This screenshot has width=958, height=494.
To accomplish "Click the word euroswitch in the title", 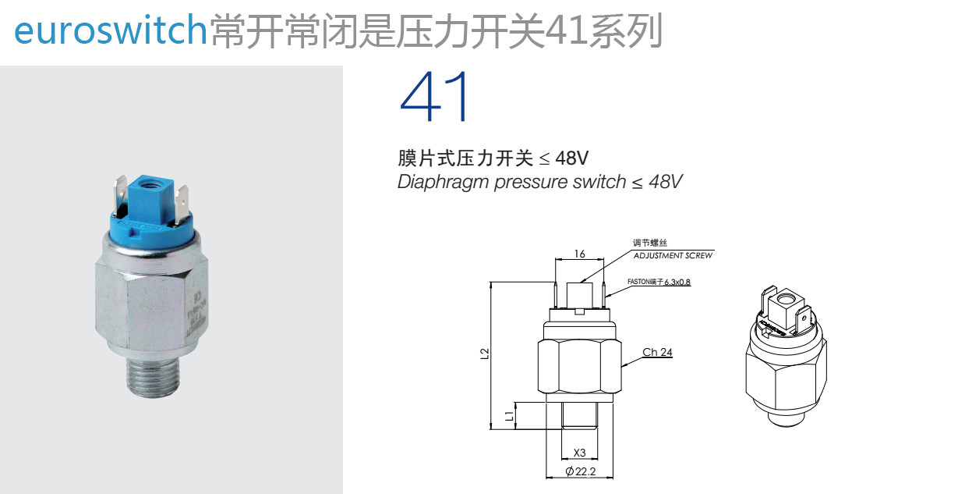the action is pos(109,31).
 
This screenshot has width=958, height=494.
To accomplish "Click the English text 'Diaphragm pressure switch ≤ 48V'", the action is pos(539,182).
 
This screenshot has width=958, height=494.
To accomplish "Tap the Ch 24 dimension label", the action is pos(657,352).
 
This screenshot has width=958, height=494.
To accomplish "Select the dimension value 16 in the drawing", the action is pos(579,254).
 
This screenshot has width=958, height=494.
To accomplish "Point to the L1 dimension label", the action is pos(508,415).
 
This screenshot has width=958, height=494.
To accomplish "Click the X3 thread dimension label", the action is pos(579,453).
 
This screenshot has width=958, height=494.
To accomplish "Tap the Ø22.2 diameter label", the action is pos(581,471).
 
